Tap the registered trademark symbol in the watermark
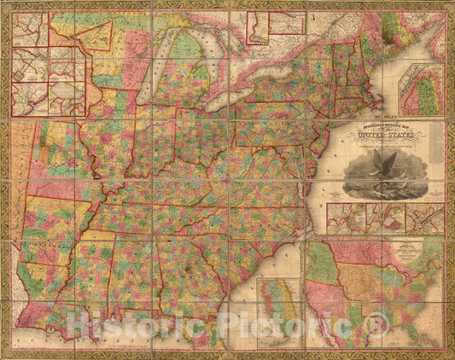pos(376,323)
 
